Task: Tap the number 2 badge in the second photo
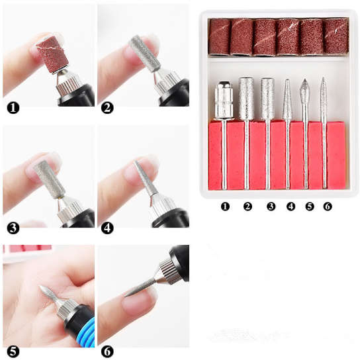(107, 106)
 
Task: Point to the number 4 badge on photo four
(108, 228)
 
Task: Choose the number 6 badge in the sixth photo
(108, 350)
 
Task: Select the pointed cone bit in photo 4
(147, 179)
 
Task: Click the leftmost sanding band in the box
(220, 36)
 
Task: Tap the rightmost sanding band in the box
(336, 36)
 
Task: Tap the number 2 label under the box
(247, 207)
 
